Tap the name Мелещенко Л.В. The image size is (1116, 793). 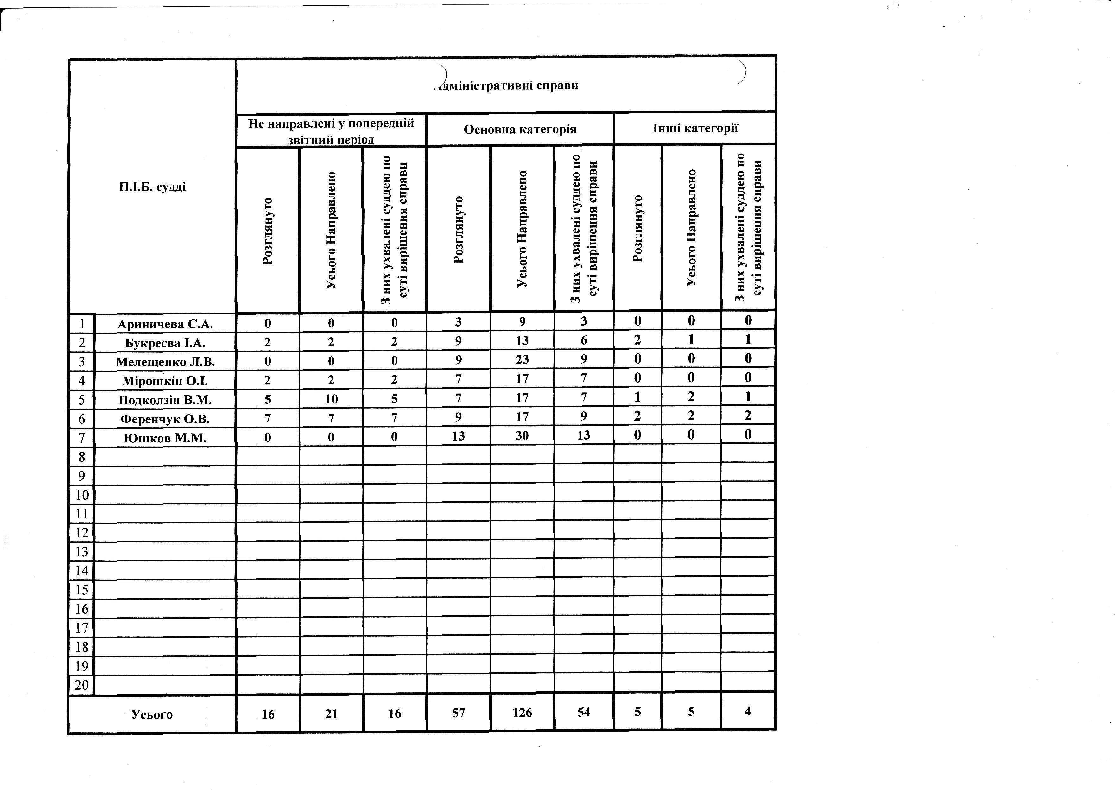coord(165,362)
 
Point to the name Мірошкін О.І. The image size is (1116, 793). coord(165,381)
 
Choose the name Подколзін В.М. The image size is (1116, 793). coord(165,400)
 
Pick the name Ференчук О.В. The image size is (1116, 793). coord(165,419)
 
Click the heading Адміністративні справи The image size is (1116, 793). coord(506,86)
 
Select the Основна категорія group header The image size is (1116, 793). coord(520,130)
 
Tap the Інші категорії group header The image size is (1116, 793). coord(695,129)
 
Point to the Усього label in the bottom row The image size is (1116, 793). coord(152,714)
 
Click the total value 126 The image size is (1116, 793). coord(522,713)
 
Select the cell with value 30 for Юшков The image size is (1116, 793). coord(522,435)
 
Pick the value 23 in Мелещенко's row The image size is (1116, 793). coord(522,360)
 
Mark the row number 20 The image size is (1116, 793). coord(81,685)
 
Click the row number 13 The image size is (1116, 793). coord(81,552)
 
